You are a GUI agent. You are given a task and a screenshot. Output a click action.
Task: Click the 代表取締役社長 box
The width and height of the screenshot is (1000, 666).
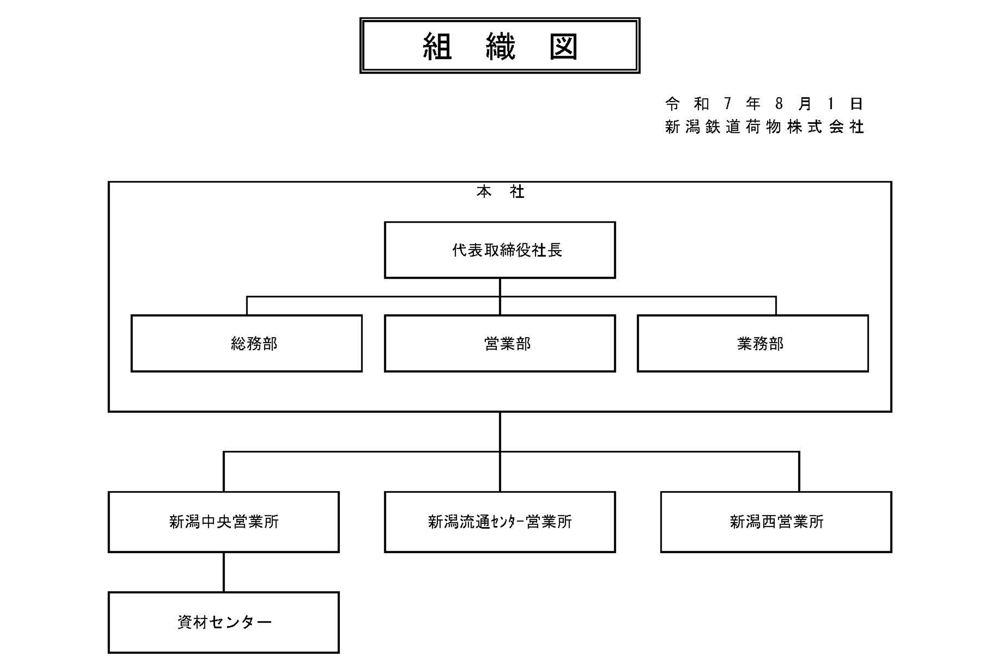click(x=500, y=250)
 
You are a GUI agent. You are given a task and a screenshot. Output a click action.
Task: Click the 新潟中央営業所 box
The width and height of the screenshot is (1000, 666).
click(x=224, y=522)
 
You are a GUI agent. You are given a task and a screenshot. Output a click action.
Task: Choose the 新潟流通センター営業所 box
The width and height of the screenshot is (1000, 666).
click(x=500, y=522)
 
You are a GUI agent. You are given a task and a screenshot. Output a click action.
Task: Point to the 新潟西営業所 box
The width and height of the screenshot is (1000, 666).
click(x=776, y=522)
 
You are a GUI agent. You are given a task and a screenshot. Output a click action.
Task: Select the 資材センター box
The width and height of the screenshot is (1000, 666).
click(x=224, y=622)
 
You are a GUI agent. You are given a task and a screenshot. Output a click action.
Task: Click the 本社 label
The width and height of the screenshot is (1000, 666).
click(x=500, y=192)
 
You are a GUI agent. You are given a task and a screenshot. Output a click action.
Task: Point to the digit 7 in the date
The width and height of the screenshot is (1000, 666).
click(x=727, y=103)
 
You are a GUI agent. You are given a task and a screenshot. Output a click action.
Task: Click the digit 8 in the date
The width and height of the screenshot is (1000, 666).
click(x=779, y=103)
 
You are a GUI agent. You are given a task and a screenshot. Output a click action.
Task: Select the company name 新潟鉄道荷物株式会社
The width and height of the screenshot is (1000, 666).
click(x=764, y=127)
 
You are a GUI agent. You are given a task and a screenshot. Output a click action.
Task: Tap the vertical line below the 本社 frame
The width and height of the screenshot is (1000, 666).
click(x=500, y=431)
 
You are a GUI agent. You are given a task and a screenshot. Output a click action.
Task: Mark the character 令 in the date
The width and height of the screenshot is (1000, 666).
click(x=672, y=103)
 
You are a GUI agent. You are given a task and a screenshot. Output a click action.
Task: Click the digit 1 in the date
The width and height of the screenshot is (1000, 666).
click(x=830, y=103)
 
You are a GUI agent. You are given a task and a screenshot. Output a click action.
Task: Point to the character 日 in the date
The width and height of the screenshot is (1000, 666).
click(x=856, y=103)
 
